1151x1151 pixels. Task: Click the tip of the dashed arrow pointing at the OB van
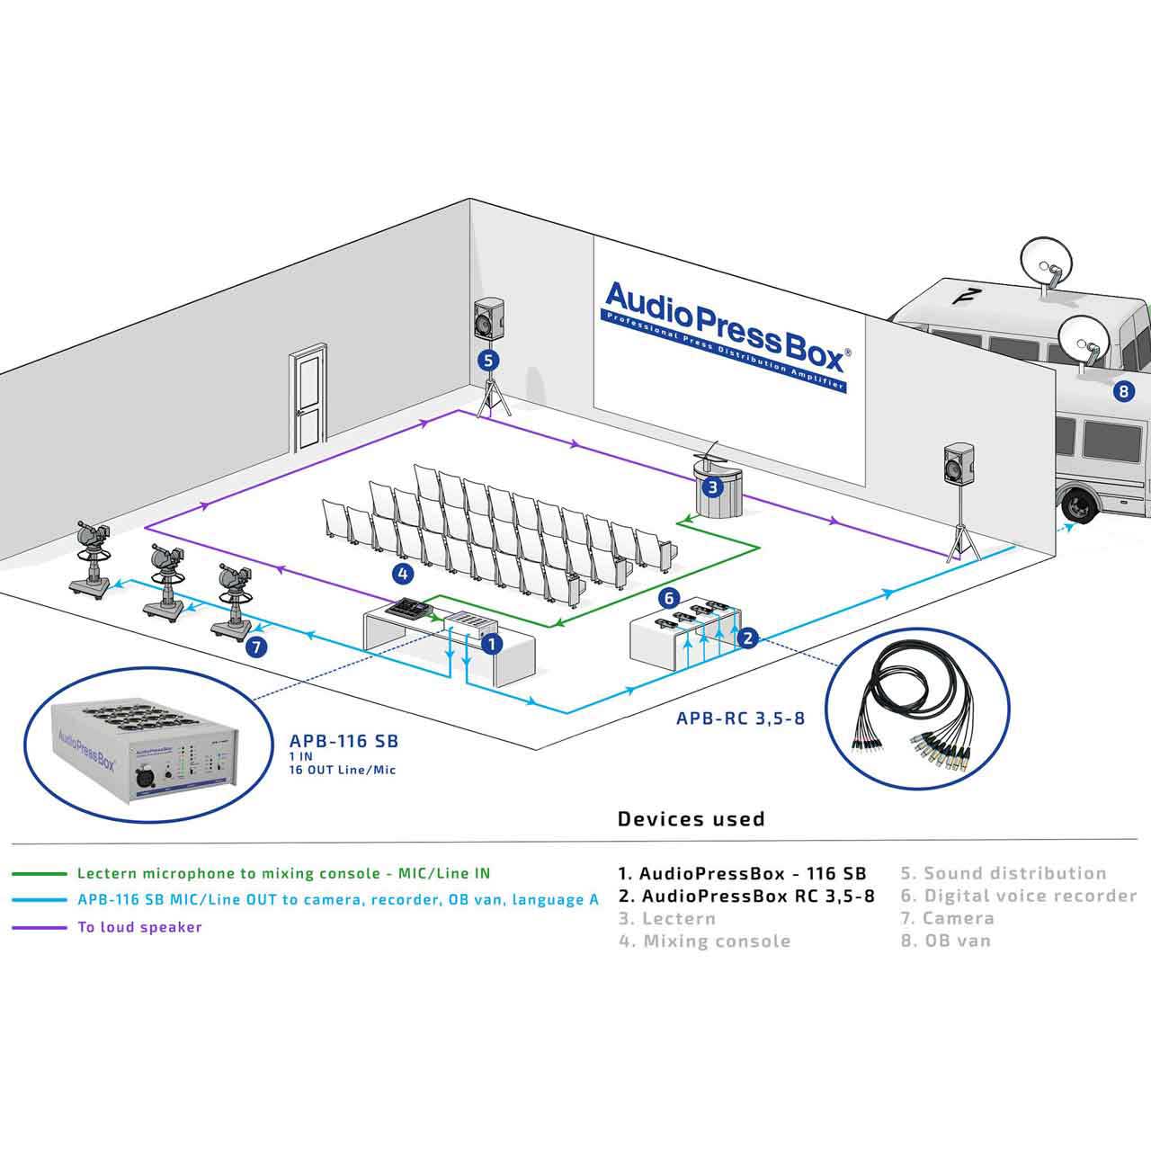pos(1074,524)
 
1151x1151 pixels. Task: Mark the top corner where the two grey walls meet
pos(470,199)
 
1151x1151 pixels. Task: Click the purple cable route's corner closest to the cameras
pos(146,528)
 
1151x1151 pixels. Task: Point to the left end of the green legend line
pos(13,874)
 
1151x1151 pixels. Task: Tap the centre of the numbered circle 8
pos(1124,391)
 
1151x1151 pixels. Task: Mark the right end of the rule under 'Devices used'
pos(1138,839)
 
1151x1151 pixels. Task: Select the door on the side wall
pos(308,397)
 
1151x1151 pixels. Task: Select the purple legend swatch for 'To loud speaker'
pos(39,928)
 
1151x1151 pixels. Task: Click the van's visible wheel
pos(1080,504)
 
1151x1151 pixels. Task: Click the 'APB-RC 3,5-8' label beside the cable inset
pos(740,718)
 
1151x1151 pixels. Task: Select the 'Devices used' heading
pos(691,819)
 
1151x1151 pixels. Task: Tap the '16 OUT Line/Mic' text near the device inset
pos(343,770)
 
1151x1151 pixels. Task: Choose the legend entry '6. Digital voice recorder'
pos(1019,896)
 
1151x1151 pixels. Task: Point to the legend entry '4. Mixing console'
pos(705,941)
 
